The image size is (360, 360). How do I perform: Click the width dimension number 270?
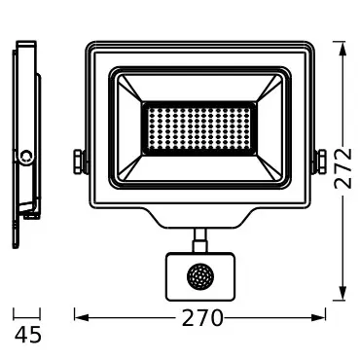click(201, 318)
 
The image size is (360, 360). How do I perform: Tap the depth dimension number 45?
click(28, 336)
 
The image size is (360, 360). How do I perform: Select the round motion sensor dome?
click(201, 274)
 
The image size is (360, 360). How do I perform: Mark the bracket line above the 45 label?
click(27, 313)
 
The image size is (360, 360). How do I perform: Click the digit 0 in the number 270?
click(218, 318)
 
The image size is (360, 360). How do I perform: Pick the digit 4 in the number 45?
click(20, 336)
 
